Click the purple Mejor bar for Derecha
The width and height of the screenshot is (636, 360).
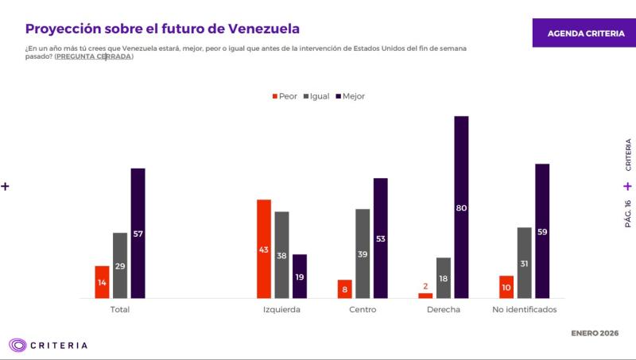coord(461,207)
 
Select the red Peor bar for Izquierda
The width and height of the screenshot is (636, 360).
coord(263,249)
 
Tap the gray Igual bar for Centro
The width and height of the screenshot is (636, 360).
coord(363,254)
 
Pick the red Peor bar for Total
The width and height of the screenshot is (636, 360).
coord(102,282)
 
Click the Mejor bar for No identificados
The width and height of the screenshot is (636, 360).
coord(543,230)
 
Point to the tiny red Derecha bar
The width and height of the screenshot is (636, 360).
coord(425,296)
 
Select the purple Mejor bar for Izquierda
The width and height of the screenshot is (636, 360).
coord(300,276)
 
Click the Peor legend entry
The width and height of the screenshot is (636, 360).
coord(285,96)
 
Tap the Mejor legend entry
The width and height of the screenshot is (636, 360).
coord(349,96)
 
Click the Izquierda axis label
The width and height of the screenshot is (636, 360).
coord(281,309)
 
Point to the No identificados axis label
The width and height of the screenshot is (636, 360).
coord(525,309)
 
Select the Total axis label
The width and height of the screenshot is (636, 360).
coord(119,309)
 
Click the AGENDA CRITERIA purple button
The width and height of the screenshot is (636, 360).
coord(584,33)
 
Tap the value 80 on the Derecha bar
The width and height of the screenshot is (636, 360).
coord(461,208)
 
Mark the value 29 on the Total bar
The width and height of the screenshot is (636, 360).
coord(120,266)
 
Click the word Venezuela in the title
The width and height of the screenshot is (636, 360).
coord(263,29)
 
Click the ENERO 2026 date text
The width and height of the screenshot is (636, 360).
coord(595,332)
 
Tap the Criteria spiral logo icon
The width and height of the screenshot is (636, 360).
coord(17,345)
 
